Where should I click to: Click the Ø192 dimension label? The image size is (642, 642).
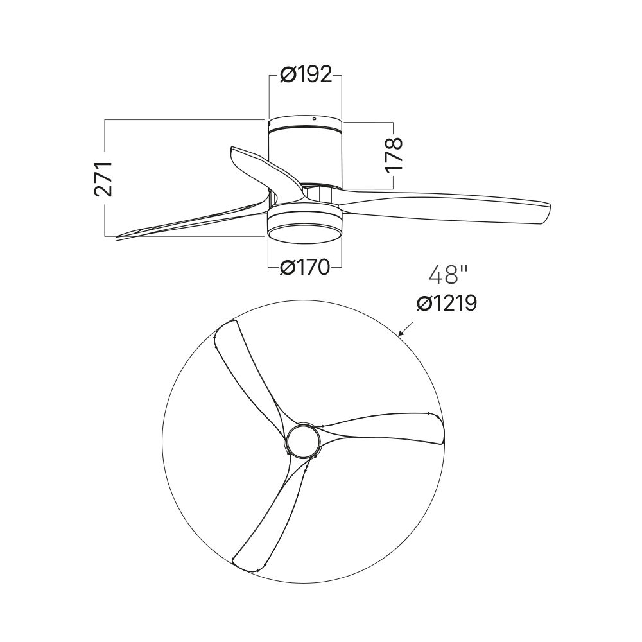306,74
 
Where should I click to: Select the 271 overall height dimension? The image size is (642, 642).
103,178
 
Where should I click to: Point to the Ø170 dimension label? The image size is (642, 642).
305,268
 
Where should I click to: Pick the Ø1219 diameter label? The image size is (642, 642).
447,304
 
